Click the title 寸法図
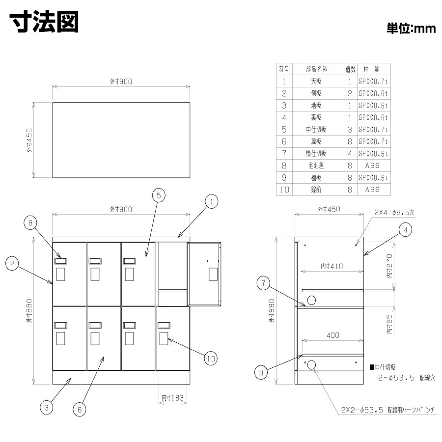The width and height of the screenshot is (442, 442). click(44, 22)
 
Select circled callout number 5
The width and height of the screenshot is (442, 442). click(159, 195)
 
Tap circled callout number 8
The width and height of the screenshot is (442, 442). click(30, 223)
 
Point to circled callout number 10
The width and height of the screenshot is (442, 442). click(211, 359)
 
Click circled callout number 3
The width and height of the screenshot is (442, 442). click(47, 407)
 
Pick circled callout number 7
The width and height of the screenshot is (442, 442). click(264, 283)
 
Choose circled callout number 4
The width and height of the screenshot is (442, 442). click(405, 230)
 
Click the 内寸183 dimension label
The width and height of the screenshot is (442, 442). click(172, 398)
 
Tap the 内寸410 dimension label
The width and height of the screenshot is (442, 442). click(332, 266)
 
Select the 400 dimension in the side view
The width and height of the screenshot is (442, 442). click(333, 335)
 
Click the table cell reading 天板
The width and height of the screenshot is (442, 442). click(316, 81)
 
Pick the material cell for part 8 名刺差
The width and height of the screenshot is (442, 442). click(372, 166)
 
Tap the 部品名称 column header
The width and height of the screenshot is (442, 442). click(317, 69)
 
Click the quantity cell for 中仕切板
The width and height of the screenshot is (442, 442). click(350, 129)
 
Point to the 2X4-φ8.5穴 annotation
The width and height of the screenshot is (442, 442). click(394, 212)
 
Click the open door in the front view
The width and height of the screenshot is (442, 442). click(204, 274)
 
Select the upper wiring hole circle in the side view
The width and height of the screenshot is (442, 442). click(311, 300)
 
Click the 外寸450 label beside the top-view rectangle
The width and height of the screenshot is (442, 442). click(29, 140)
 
